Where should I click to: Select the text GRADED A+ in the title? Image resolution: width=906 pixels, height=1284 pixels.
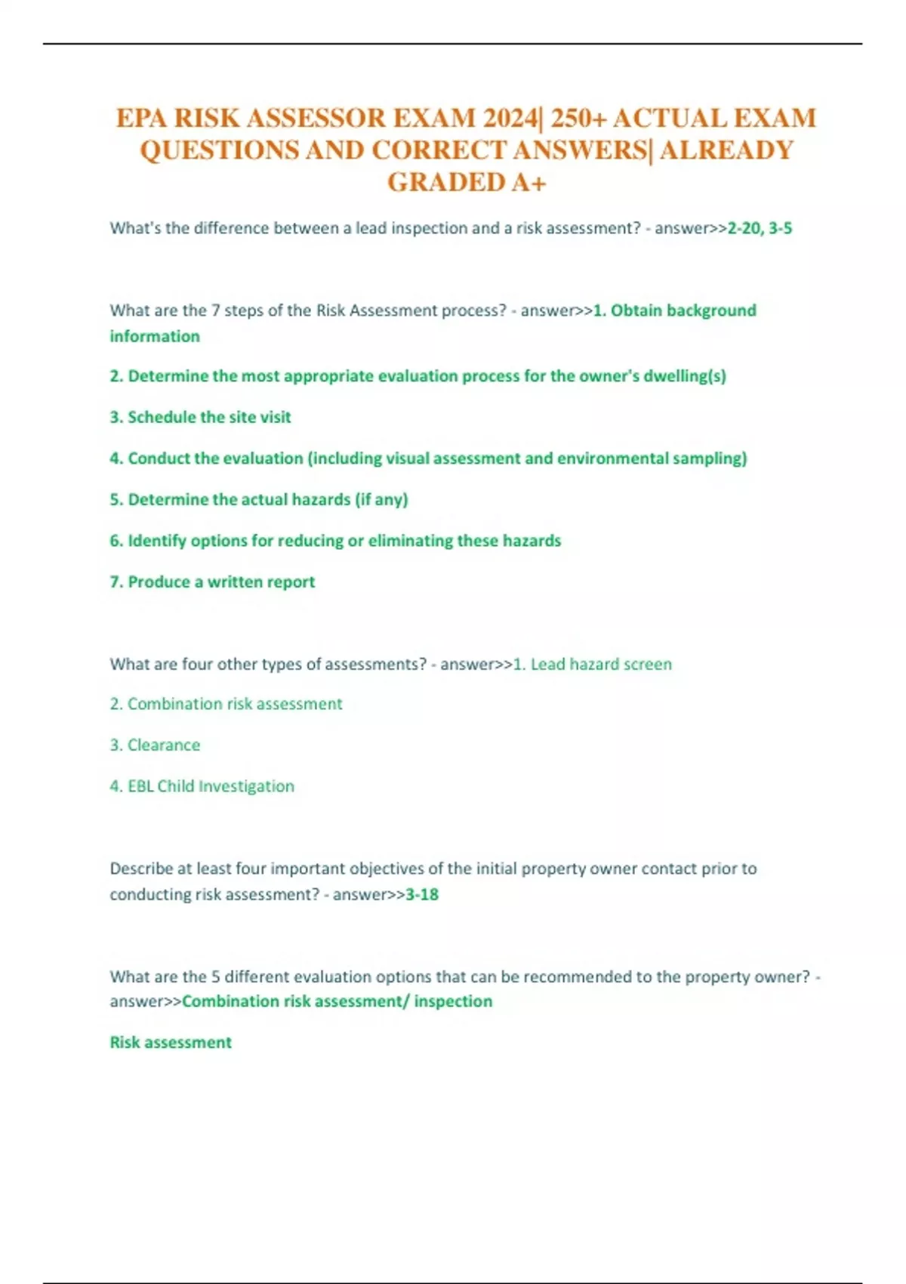point(467,183)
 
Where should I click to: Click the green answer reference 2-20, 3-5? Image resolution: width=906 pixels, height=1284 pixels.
point(759,228)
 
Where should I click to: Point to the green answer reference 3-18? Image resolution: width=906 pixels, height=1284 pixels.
point(422,894)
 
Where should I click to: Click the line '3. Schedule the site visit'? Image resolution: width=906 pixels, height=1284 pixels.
point(200,417)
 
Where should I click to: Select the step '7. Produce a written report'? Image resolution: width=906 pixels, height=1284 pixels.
point(212,582)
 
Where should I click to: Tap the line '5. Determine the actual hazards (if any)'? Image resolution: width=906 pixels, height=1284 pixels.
point(258,499)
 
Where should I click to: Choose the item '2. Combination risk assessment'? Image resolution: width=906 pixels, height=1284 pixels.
point(226,704)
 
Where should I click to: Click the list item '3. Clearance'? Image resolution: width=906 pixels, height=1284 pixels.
point(155,745)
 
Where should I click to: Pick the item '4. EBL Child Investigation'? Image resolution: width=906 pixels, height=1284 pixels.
point(202,786)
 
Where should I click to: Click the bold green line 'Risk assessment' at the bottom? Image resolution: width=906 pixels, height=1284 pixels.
point(171,1042)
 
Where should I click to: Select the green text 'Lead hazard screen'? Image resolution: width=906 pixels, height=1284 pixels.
point(601,664)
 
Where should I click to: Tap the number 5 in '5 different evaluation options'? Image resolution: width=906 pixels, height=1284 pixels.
point(215,977)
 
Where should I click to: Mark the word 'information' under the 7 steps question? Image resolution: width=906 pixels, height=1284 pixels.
point(155,336)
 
